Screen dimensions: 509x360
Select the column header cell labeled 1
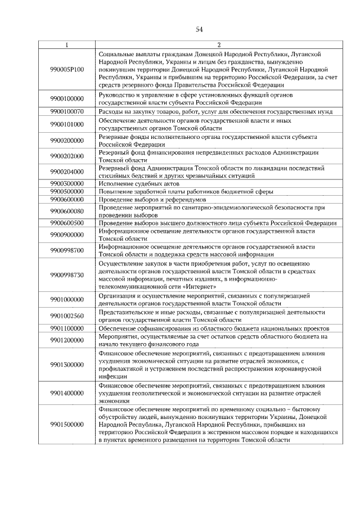pyautogui.click(x=67, y=45)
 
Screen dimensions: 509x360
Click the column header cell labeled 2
pyautogui.click(x=219, y=45)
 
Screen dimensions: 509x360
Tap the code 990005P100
pyautogui.click(x=67, y=69)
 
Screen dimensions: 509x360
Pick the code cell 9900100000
pyautogui.click(x=67, y=98)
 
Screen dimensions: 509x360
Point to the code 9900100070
pyautogui.click(x=67, y=111)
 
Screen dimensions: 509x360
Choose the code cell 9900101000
pyautogui.click(x=67, y=124)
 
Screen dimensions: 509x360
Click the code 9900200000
pyautogui.click(x=67, y=140)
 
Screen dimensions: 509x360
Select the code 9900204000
pyautogui.click(x=67, y=172)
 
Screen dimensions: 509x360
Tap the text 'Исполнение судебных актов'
pyautogui.click(x=132, y=183)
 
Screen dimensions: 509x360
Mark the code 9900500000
pyautogui.click(x=67, y=191)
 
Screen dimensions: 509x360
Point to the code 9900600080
pyautogui.click(x=67, y=211)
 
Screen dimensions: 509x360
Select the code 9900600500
pyautogui.click(x=67, y=223)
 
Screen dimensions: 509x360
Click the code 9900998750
pyautogui.click(x=67, y=274)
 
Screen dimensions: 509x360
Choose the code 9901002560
pyautogui.click(x=67, y=316)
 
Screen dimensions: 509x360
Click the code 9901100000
pyautogui.click(x=67, y=327)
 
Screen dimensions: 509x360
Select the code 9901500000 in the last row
pyautogui.click(x=67, y=424)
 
